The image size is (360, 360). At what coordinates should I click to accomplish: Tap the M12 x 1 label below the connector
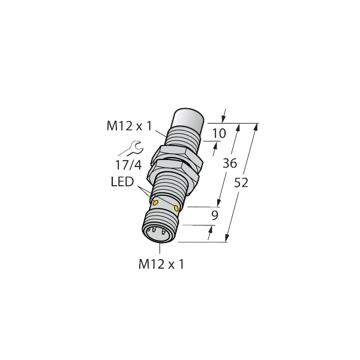point(161,263)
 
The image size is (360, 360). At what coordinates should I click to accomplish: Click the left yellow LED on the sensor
point(156,204)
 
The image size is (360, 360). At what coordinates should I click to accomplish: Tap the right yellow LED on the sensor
point(177,207)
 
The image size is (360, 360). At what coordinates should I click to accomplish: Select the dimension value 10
point(219,134)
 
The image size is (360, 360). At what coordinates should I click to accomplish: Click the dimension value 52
point(241,183)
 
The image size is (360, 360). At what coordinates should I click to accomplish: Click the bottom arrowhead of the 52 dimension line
point(227,239)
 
